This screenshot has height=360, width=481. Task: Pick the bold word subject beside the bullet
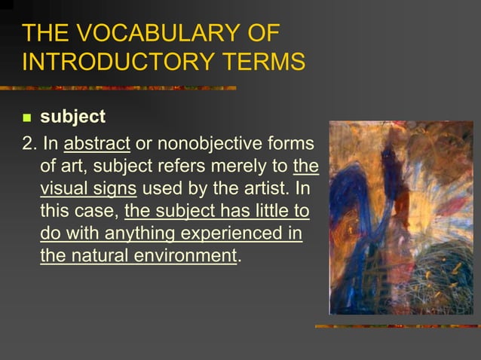pos(72,117)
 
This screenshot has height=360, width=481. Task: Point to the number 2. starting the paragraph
pos(30,144)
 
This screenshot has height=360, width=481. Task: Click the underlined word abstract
pos(97,144)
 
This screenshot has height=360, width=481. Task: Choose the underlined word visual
pos(64,189)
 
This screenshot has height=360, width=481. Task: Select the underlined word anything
pos(139,234)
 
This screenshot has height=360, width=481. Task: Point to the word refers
pos(186,166)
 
